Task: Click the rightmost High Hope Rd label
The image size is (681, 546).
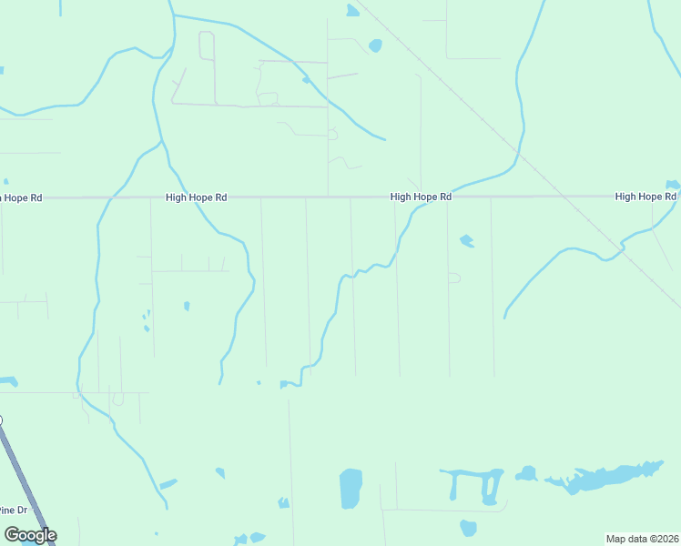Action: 645,197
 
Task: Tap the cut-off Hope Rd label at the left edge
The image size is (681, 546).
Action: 21,197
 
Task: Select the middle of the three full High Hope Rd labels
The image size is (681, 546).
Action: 421,197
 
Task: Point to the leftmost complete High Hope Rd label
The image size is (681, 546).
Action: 196,197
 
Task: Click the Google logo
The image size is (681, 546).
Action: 30,535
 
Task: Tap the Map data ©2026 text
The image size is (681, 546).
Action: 643,539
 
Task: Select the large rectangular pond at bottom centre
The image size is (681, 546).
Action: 351,489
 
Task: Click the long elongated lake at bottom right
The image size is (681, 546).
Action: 601,477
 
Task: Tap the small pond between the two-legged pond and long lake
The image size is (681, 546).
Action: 526,473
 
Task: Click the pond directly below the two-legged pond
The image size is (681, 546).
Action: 468,528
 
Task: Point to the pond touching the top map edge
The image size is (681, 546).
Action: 352,11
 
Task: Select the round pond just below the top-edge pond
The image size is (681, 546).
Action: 375,45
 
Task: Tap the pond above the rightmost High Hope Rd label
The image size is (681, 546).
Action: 673,185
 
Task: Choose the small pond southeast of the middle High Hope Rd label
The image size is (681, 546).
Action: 467,241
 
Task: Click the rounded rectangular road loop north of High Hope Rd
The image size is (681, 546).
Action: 207,46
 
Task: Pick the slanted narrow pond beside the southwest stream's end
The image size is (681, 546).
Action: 168,484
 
